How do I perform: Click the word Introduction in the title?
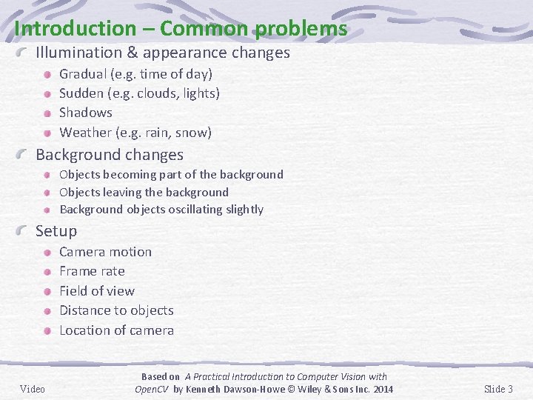[70, 29]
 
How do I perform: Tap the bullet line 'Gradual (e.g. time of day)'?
[135, 74]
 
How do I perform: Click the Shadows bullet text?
[86, 113]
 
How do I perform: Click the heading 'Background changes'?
[110, 155]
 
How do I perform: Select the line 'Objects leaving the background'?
[144, 192]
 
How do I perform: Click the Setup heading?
[56, 231]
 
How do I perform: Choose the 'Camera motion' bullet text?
[105, 252]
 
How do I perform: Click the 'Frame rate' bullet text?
[92, 271]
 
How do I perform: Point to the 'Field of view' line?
[97, 291]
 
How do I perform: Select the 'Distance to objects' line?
[116, 310]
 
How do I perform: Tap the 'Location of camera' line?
[116, 330]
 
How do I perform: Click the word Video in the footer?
[33, 389]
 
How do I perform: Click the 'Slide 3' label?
[498, 389]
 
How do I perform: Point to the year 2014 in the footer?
[382, 390]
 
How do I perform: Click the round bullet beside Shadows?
[47, 113]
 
